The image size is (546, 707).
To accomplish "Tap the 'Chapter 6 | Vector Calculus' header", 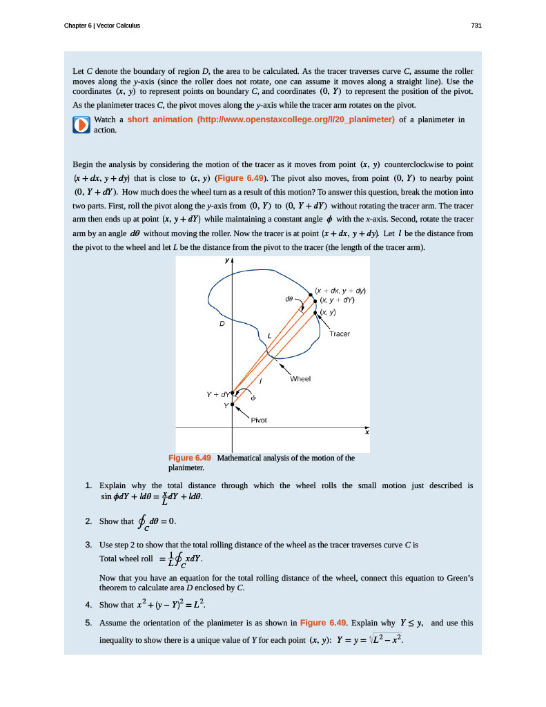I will [101, 26].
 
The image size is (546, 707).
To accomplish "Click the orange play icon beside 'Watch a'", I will [81, 124].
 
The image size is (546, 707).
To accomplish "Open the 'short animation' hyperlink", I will [261, 119].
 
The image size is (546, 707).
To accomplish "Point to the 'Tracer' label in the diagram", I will [340, 334].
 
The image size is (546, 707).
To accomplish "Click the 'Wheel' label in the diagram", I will [301, 379].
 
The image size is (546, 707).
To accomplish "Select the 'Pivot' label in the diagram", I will [259, 420].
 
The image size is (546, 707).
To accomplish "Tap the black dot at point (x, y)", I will [316, 313].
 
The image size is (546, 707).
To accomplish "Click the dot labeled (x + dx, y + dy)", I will [311, 295].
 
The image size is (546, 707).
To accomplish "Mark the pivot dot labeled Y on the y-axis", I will [233, 405].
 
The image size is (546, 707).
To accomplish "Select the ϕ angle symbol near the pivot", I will [253, 398].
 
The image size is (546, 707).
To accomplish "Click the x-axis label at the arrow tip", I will [367, 432].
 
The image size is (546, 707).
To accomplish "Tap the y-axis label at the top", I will [226, 261].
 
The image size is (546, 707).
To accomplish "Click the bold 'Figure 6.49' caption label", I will [189, 458].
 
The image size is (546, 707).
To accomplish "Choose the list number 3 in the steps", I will [89, 545].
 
